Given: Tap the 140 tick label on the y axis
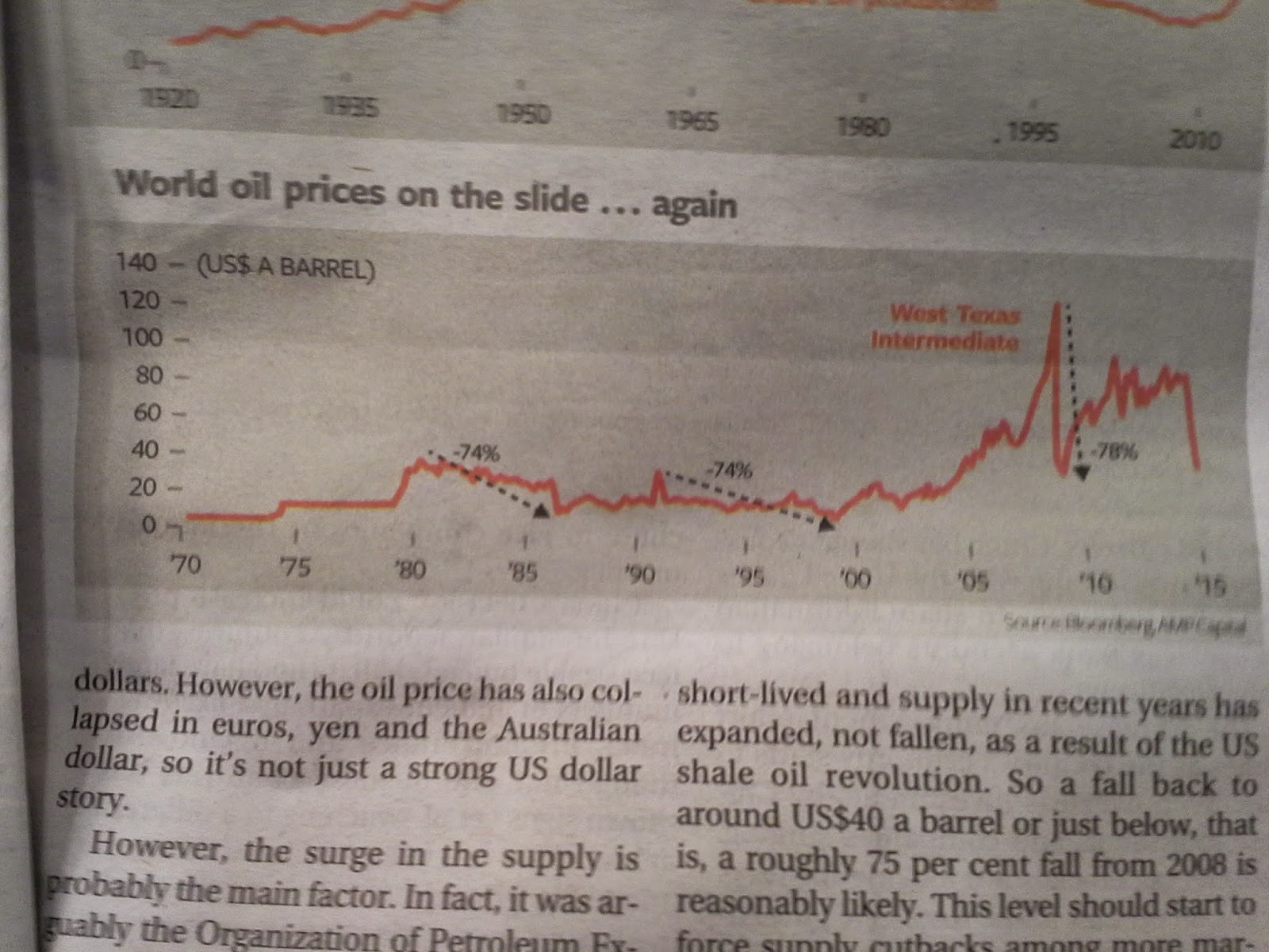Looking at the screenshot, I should pos(136,262).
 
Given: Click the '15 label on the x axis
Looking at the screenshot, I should pos(1209,586).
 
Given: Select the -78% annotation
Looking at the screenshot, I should pos(1114,453).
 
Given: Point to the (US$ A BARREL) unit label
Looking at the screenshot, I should pos(286,268).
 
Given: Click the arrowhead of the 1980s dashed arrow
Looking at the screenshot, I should pos(540,512).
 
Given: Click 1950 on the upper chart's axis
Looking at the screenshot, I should pos(522,114).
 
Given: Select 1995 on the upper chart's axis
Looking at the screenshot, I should pos(1033,132).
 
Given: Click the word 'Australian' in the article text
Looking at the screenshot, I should pos(568,729).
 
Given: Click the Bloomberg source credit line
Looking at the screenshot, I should pos(1125,626).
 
